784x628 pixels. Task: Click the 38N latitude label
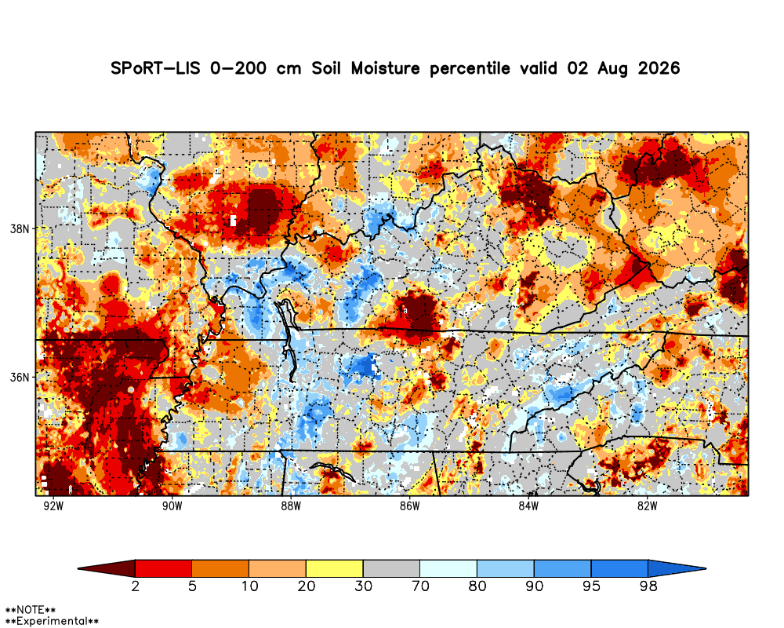click(20, 229)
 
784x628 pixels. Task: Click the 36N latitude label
click(20, 377)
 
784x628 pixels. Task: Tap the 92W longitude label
click(53, 506)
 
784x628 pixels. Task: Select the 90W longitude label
click(172, 506)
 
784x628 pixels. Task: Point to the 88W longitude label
click(291, 506)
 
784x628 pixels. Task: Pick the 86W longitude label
click(409, 506)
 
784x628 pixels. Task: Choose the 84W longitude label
click(528, 506)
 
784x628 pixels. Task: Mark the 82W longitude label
click(647, 506)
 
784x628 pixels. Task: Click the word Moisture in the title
click(385, 68)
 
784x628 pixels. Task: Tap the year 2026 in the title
click(659, 68)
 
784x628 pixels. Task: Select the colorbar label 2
click(136, 586)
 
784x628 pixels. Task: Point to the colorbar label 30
click(363, 586)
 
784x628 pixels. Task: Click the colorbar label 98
click(648, 586)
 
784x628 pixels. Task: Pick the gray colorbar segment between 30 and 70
click(391, 568)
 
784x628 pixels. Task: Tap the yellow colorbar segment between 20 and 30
click(335, 568)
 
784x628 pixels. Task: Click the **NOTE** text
click(30, 610)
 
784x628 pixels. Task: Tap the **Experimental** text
click(52, 622)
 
